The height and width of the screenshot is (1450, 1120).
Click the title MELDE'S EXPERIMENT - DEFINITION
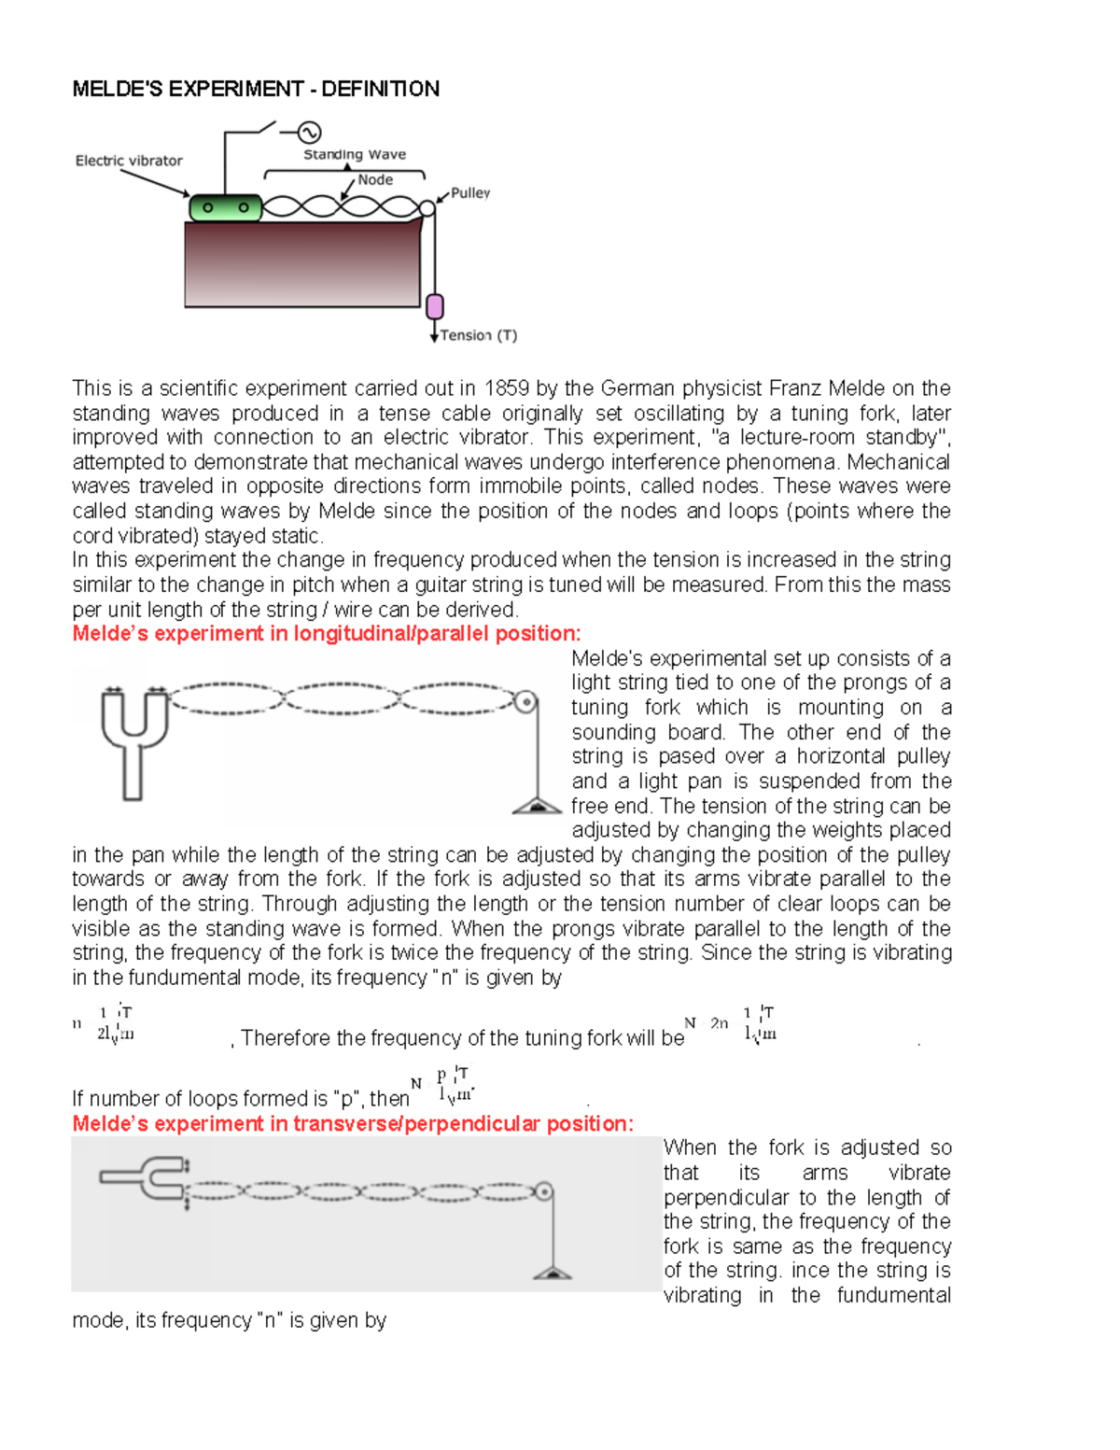pos(256,89)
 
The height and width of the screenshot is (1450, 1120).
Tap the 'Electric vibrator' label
pos(129,161)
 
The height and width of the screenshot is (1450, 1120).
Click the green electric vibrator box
pos(225,207)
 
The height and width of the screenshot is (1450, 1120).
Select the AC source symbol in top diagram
pos(308,133)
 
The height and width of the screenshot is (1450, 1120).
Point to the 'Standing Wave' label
pos(355,155)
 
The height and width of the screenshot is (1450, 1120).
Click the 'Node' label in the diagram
pos(375,179)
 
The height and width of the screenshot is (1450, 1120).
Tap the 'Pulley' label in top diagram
pos(470,193)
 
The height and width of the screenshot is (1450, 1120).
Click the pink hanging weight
pos(434,306)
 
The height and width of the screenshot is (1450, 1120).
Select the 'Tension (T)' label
pos(478,335)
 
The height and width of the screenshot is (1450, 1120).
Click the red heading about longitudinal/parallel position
pos(327,634)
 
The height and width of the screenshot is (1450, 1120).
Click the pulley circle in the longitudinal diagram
pos(526,700)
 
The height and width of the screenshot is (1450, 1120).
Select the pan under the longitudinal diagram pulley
pos(537,806)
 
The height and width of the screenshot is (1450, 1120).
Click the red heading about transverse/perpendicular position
pos(353,1123)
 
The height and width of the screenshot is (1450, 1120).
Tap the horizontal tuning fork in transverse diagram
pos(145,1177)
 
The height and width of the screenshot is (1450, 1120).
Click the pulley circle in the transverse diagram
pos(543,1191)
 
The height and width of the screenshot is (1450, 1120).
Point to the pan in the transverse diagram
pos(553,1273)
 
